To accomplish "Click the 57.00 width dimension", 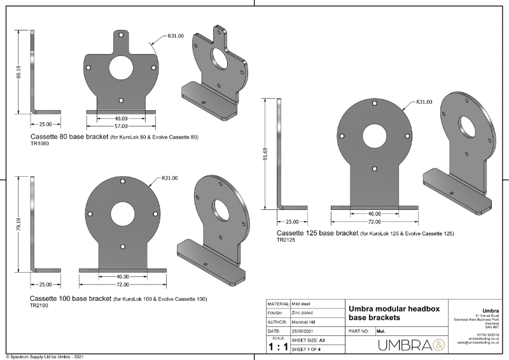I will pyautogui.click(x=121, y=125).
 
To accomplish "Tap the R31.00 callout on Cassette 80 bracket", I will pyautogui.click(x=176, y=36).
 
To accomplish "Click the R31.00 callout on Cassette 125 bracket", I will pyautogui.click(x=424, y=102).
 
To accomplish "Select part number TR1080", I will pyautogui.click(x=39, y=144).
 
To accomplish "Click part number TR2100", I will pyautogui.click(x=39, y=306).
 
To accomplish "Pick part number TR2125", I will pyautogui.click(x=286, y=240).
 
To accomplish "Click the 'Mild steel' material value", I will pyautogui.click(x=305, y=304).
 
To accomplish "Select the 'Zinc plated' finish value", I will pyautogui.click(x=305, y=313).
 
